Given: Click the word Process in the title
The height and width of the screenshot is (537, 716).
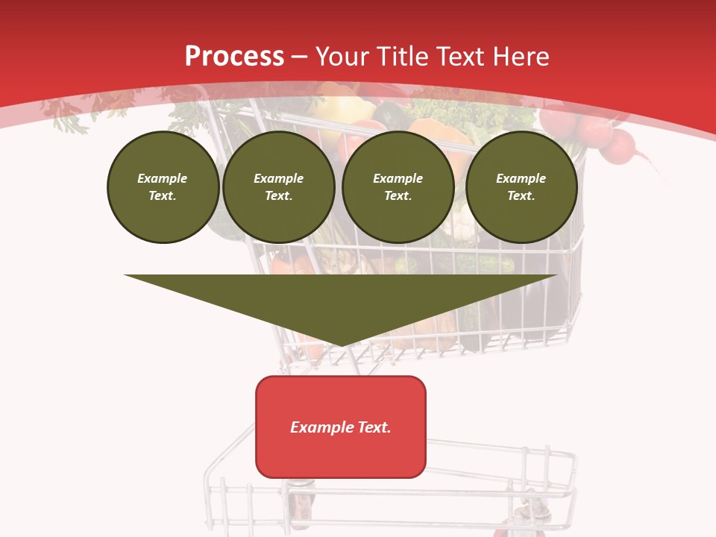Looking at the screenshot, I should (234, 56).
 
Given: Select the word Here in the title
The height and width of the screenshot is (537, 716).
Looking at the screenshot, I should (521, 56).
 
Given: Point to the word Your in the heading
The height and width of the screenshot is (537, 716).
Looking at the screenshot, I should (342, 56).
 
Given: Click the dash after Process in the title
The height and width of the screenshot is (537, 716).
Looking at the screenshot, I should (300, 57).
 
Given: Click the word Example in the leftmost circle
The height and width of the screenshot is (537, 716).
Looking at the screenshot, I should (163, 178).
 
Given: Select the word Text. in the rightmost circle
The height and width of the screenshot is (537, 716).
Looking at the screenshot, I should (521, 195).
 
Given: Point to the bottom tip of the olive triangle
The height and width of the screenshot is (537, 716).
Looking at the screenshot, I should (342, 345).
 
